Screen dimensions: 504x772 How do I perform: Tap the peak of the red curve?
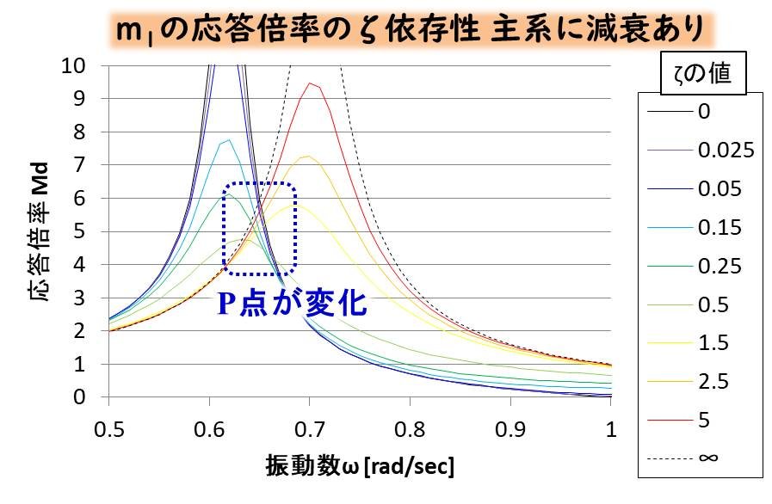(x=309, y=83)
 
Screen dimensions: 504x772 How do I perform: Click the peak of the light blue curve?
(x=228, y=141)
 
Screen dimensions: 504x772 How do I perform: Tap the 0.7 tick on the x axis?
(x=310, y=427)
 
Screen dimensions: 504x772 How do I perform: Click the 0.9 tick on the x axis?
(x=511, y=427)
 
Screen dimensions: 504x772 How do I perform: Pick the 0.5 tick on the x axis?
(x=108, y=427)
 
